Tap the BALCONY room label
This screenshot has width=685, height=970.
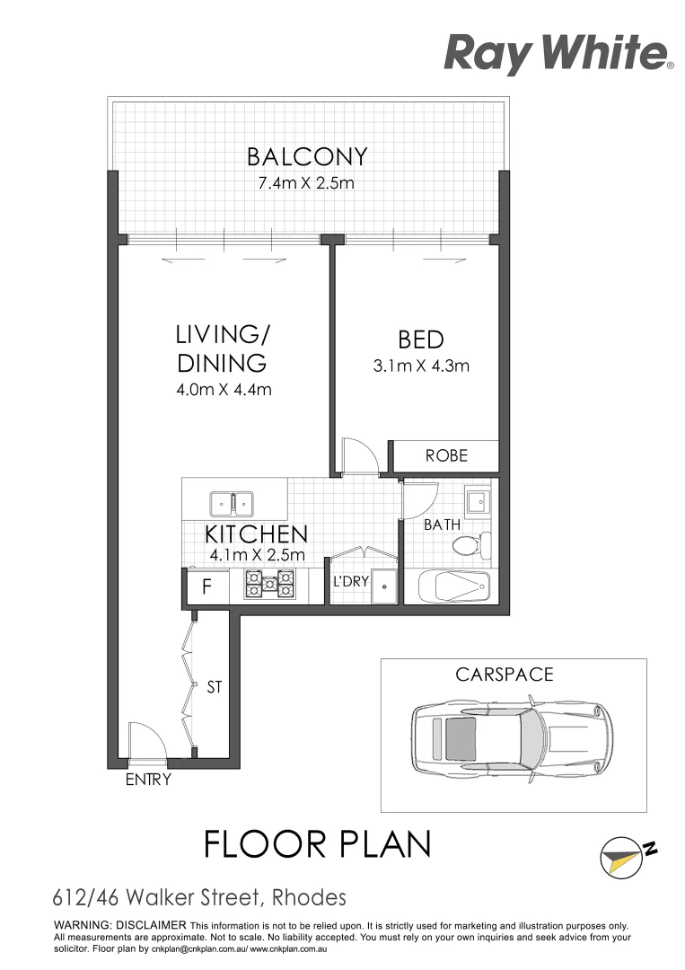point(307,157)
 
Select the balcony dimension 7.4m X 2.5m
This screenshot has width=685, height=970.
point(307,186)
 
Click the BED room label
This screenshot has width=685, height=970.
point(421,339)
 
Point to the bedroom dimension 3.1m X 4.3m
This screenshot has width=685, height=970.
point(421,366)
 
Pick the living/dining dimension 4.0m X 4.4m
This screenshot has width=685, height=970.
point(224,389)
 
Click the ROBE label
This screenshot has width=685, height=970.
point(446,455)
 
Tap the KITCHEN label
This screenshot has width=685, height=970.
point(257,533)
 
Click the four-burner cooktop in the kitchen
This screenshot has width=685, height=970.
point(270,586)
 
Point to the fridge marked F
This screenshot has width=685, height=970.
point(206,589)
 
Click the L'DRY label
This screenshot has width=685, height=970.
point(351,582)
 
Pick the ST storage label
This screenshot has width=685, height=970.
point(215,687)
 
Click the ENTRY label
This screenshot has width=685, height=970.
point(148,780)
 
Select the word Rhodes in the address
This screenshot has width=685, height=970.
point(304,896)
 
